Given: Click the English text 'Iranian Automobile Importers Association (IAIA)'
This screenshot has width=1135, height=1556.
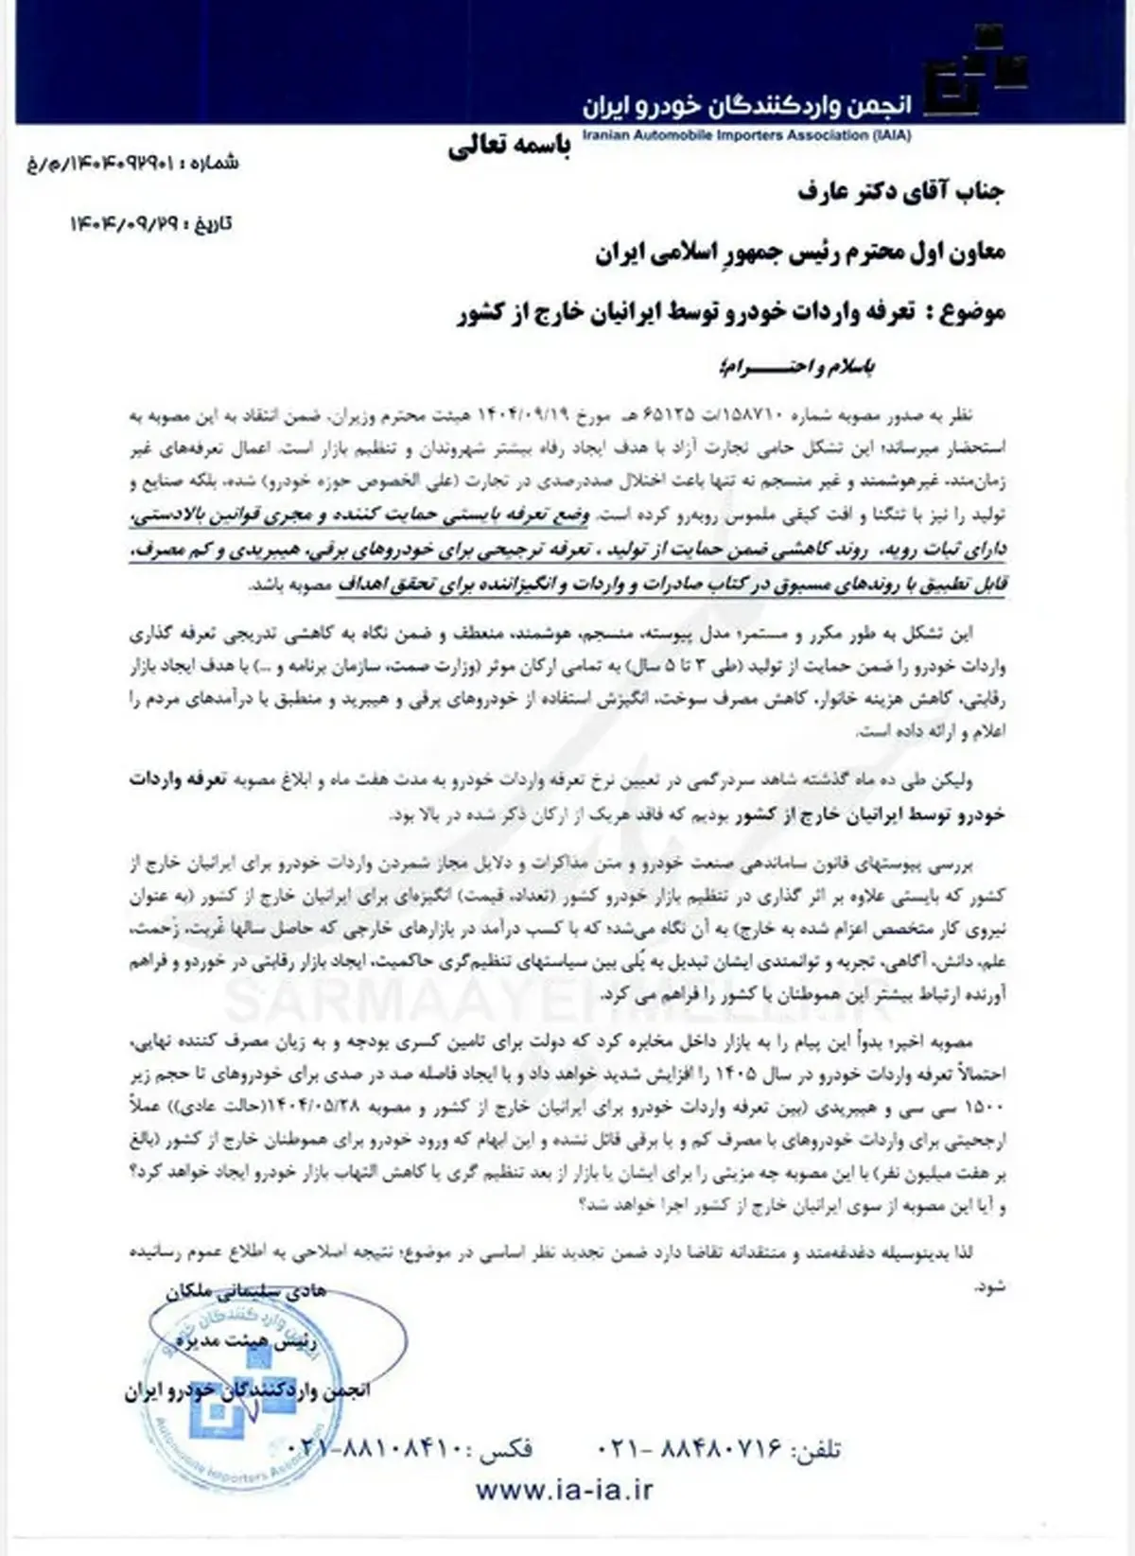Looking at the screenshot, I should pos(747,135).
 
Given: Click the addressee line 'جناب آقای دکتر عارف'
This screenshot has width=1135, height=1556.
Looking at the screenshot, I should pos(900,193).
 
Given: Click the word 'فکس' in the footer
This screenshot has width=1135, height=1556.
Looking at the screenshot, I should pos(505,1447).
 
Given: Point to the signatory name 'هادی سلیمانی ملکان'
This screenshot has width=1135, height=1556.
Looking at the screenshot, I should pos(245,1291).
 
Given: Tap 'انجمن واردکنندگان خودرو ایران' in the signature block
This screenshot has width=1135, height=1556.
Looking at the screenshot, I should pos(248,1391).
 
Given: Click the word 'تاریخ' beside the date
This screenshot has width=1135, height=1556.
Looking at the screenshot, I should pos(212,224).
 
